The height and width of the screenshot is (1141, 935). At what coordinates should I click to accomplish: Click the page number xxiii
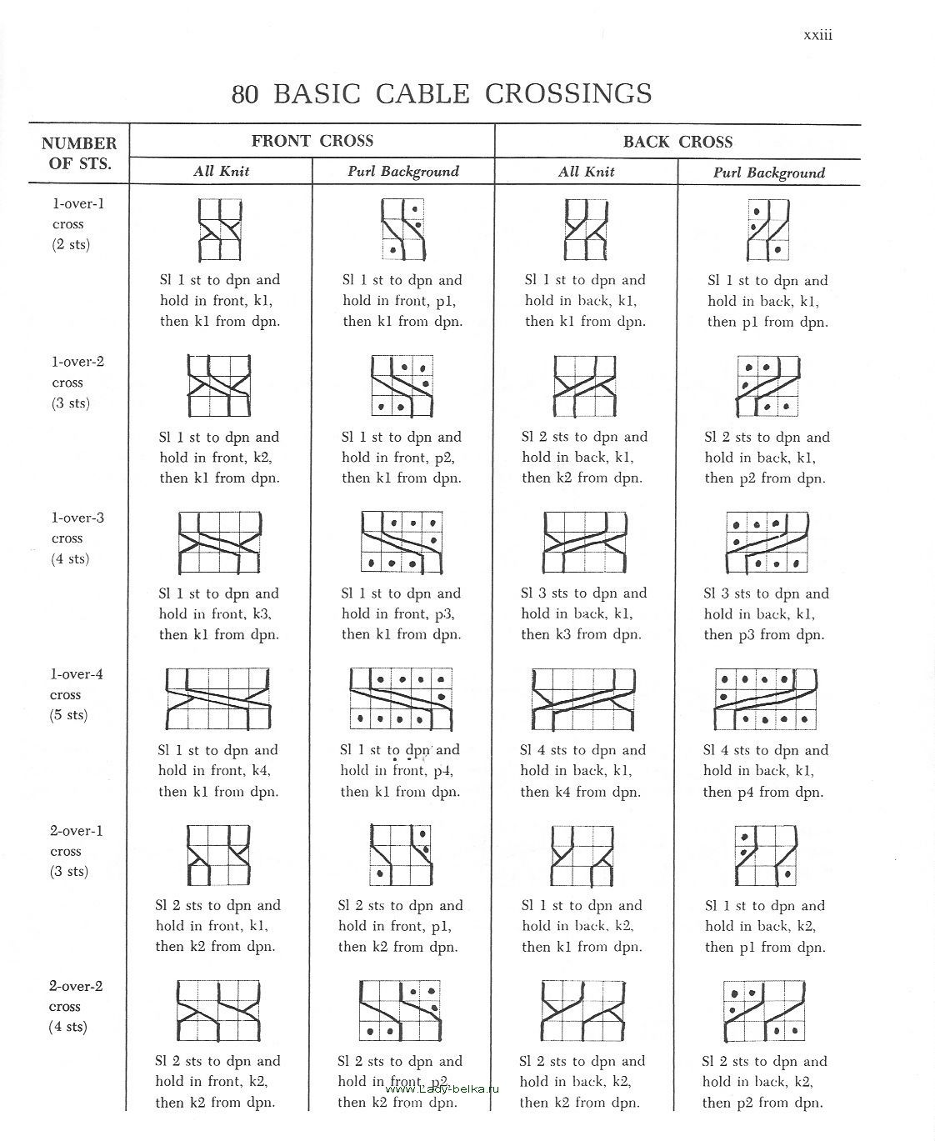click(817, 35)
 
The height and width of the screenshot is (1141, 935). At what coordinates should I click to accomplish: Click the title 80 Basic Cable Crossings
click(442, 93)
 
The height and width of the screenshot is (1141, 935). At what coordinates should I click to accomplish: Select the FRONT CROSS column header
click(312, 141)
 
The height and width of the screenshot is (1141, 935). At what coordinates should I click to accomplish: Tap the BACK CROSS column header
click(677, 142)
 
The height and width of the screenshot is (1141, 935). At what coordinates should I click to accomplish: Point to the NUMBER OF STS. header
click(79, 153)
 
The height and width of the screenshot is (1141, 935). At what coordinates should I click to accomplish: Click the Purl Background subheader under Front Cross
click(403, 172)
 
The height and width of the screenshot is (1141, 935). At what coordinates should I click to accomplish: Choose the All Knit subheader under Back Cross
click(587, 172)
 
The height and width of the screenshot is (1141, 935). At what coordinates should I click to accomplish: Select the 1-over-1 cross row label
click(77, 223)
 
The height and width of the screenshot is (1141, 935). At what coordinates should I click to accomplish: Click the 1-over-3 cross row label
click(77, 538)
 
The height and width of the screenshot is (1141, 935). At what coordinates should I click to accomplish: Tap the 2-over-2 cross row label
click(75, 1007)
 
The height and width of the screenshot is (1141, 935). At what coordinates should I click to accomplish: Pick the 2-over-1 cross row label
click(76, 851)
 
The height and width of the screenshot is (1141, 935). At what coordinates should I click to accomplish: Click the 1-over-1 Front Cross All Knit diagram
click(220, 230)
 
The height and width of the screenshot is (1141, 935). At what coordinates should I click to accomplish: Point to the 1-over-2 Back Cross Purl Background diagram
click(767, 386)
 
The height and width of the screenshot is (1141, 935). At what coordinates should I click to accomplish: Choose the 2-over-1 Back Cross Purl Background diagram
click(767, 854)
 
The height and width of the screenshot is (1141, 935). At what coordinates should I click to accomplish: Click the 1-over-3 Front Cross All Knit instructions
click(219, 614)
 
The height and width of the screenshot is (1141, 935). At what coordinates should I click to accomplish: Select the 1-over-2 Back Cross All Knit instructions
click(584, 458)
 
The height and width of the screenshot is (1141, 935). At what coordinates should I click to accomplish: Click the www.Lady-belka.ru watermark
click(442, 1088)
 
